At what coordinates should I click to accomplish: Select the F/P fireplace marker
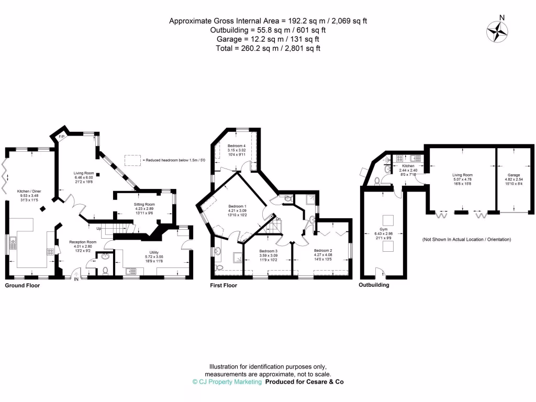tap(61, 137)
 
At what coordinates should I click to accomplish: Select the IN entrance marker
tap(76, 279)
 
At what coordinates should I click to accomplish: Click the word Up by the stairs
tap(98, 229)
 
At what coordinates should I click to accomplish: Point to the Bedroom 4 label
tap(237, 146)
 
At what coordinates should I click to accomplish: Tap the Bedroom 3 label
tap(269, 251)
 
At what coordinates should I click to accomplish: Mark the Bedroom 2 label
tap(323, 251)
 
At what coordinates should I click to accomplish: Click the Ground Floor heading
tap(23, 286)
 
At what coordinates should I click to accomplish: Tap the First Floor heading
tap(224, 286)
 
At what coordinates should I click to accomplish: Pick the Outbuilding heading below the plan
tap(374, 286)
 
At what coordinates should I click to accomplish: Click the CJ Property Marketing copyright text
tap(227, 382)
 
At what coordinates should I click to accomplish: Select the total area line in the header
tap(267, 48)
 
